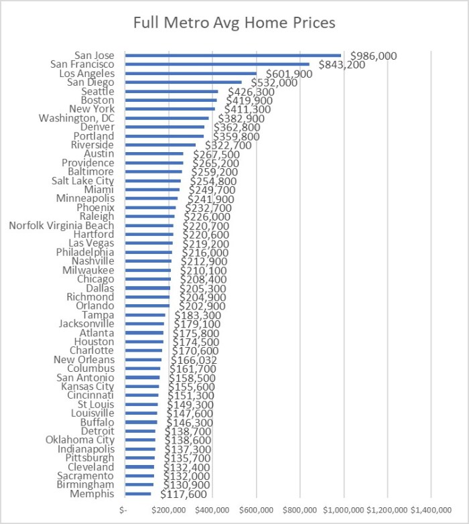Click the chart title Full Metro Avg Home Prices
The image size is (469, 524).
click(x=234, y=23)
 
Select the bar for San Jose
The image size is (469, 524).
click(x=232, y=56)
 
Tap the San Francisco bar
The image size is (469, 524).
click(x=217, y=64)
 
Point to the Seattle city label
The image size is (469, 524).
click(x=98, y=91)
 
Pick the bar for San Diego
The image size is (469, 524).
click(x=183, y=82)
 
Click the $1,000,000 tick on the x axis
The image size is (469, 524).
click(x=344, y=510)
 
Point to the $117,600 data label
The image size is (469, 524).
click(x=184, y=495)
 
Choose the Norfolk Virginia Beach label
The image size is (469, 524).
click(x=62, y=226)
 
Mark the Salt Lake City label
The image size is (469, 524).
click(x=83, y=181)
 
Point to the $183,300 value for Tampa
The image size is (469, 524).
click(x=197, y=315)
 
